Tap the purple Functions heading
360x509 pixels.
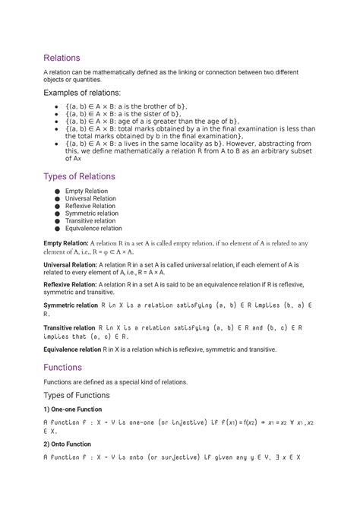tap(63, 366)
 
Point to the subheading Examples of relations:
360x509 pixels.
tap(88, 93)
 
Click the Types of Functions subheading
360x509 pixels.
tap(76, 395)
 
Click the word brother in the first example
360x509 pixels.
tap(169, 106)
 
